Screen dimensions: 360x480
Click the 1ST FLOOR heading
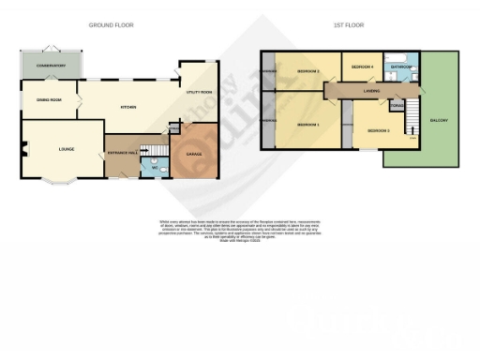[x=348, y=25]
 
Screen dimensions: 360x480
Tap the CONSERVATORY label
[x=51, y=66]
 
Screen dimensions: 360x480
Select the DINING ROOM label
[x=49, y=99]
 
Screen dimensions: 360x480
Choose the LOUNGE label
[x=66, y=148]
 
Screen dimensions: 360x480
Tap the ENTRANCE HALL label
[x=124, y=152]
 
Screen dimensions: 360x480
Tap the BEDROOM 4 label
[x=362, y=67]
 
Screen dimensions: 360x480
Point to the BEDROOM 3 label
[x=379, y=129]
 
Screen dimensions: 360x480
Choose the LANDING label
[x=372, y=91]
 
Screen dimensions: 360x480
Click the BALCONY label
[x=438, y=121]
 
